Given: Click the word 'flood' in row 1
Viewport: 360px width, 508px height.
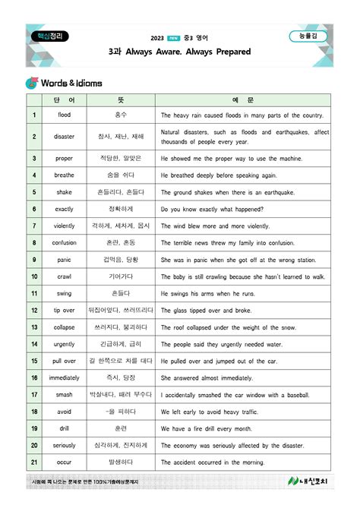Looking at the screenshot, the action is pos(64,115).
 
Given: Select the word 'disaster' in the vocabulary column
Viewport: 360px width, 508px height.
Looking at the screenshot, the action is pos(64,137).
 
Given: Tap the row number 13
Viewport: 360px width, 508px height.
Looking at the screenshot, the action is pos(34,327).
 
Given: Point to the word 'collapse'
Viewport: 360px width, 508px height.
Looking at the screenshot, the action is pos(64,327).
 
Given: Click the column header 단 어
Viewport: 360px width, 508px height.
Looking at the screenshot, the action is pos(64,100).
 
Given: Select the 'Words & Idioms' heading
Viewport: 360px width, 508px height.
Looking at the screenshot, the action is pos(73,82).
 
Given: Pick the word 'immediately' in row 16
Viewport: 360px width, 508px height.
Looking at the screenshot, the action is pos(64,377).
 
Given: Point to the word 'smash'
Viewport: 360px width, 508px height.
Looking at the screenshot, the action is pos(64,395).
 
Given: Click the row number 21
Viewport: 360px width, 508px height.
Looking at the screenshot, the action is pos(34,462).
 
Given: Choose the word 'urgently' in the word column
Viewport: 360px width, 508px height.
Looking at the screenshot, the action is pos(64,344).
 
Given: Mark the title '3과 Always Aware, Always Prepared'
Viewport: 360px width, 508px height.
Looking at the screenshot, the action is pos(179,52).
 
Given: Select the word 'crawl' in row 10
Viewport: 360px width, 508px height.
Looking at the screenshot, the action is pos(64,276).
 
